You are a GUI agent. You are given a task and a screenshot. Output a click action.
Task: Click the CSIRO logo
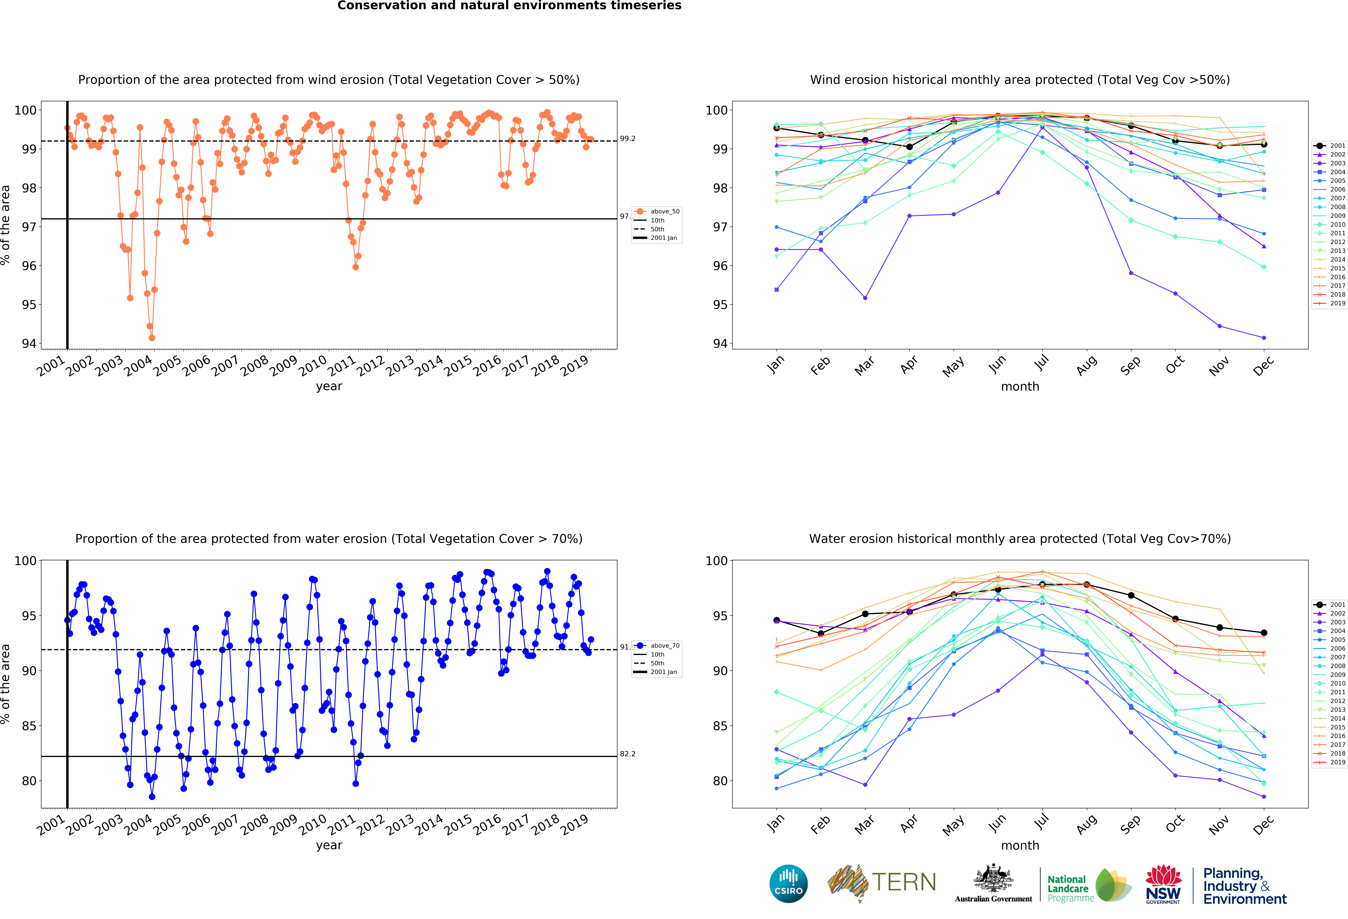pyautogui.click(x=788, y=884)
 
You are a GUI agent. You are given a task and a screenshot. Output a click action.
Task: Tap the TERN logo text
pyautogui.click(x=904, y=882)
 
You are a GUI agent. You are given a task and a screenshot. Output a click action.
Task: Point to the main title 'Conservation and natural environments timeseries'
pyautogui.click(x=509, y=6)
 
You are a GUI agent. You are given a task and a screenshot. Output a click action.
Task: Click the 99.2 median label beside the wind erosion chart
pyautogui.click(x=628, y=139)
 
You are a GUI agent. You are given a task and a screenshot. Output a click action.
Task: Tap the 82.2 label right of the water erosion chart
pyautogui.click(x=628, y=754)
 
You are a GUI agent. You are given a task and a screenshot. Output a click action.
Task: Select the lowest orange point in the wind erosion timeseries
pyautogui.click(x=152, y=338)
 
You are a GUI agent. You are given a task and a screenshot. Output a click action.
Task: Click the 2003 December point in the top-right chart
pyautogui.click(x=1264, y=338)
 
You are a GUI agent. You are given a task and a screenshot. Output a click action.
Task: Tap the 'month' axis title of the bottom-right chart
pyautogui.click(x=1020, y=845)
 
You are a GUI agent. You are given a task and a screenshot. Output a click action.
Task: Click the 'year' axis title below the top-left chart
pyautogui.click(x=329, y=386)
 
